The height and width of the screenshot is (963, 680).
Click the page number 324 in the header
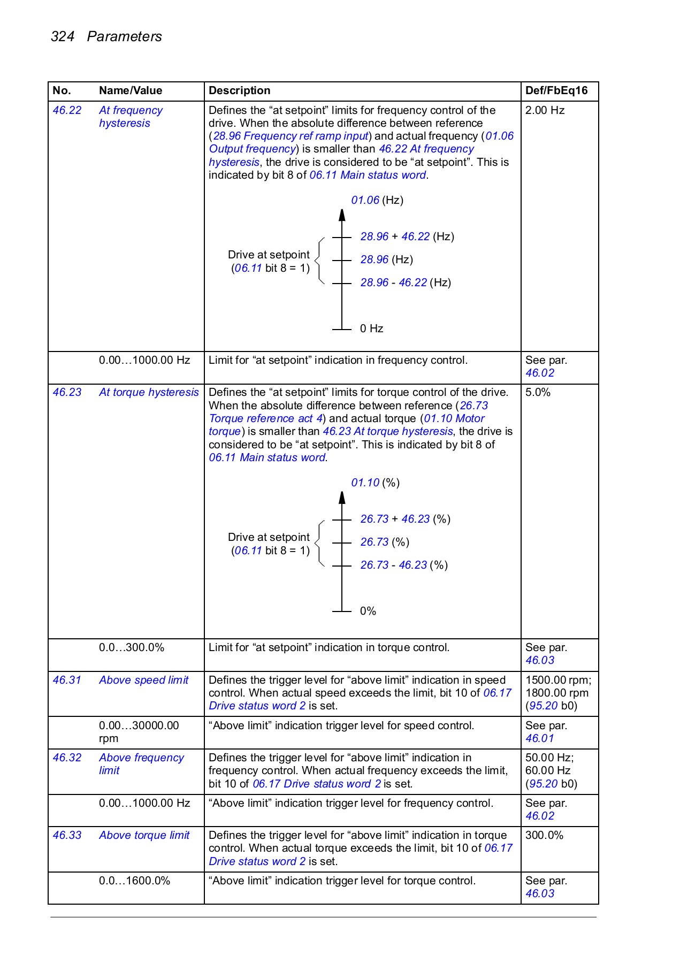pyautogui.click(x=62, y=36)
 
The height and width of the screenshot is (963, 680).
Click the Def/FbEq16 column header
pyautogui.click(x=556, y=90)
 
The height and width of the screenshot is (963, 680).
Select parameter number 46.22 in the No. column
pyautogui.click(x=67, y=110)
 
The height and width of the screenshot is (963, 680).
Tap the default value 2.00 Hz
pyautogui.click(x=545, y=110)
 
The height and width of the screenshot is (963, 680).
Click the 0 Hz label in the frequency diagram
pyautogui.click(x=371, y=328)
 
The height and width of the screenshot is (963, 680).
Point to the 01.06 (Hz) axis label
pyautogui.click(x=377, y=200)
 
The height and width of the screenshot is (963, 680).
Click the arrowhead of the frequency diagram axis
pyautogui.click(x=342, y=215)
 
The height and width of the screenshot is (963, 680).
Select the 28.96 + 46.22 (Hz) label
pyautogui.click(x=407, y=236)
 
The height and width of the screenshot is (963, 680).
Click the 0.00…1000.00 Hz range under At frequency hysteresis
pyautogui.click(x=144, y=360)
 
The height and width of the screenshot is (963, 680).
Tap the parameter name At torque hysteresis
pyautogui.click(x=149, y=392)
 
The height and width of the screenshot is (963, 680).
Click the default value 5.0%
pyautogui.click(x=538, y=392)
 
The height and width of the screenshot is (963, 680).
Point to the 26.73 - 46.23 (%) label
pyautogui.click(x=403, y=565)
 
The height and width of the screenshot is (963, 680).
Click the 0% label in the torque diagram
pyautogui.click(x=368, y=611)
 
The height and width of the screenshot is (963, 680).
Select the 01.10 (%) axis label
pyautogui.click(x=375, y=483)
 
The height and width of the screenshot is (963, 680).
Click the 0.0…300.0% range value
pyautogui.click(x=132, y=647)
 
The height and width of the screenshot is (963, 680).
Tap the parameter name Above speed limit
pyautogui.click(x=143, y=680)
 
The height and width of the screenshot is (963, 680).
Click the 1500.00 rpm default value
pyautogui.click(x=558, y=680)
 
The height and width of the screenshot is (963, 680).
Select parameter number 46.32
pyautogui.click(x=67, y=758)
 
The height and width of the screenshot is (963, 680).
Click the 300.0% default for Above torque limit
pyautogui.click(x=544, y=835)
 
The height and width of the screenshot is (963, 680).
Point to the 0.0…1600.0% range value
pyautogui.click(x=134, y=881)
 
